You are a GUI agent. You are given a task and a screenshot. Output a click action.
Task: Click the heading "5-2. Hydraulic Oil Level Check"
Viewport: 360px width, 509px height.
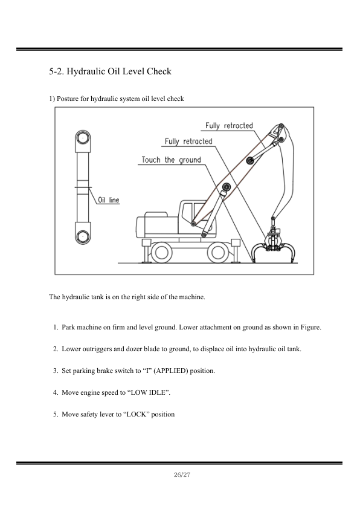click(x=110, y=71)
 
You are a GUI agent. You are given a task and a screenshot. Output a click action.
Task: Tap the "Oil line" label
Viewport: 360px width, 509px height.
click(x=109, y=200)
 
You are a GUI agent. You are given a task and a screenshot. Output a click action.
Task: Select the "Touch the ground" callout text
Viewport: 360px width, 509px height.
click(x=172, y=160)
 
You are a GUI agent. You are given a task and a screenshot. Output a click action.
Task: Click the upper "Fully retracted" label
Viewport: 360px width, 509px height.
click(x=229, y=126)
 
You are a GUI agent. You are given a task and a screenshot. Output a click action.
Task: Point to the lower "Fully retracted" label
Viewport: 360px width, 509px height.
click(x=188, y=141)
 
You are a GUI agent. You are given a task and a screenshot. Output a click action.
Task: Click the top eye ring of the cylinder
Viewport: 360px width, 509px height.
click(x=83, y=138)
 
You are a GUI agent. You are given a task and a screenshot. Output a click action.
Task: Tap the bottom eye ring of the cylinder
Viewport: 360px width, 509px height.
click(x=83, y=236)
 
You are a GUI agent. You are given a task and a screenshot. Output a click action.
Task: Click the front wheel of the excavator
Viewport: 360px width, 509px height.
click(x=218, y=252)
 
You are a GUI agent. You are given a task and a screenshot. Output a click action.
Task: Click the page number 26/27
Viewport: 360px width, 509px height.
click(x=182, y=475)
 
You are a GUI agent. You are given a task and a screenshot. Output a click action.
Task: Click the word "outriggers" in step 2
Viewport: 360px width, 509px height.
click(x=97, y=349)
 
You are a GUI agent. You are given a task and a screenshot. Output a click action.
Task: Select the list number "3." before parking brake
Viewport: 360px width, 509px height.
click(x=56, y=371)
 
